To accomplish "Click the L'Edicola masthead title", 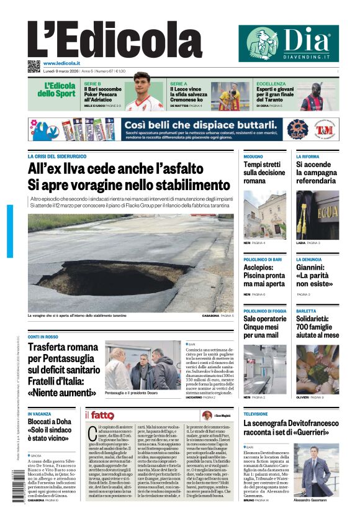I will click(106, 40).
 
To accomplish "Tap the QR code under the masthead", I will click(34, 66).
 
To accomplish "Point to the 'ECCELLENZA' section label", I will click(271, 83).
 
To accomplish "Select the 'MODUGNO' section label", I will click(253, 157).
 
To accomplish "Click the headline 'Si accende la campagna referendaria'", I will click(317, 173).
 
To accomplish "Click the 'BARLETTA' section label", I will click(306, 311).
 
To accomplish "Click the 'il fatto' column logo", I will click(99, 415).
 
